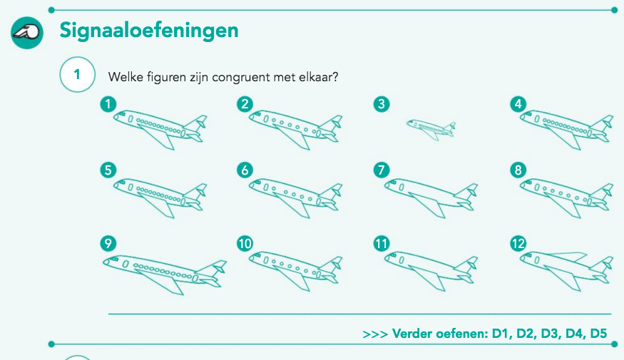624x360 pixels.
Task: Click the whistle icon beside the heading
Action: [x=27, y=33]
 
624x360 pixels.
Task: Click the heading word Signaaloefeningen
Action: [x=149, y=31]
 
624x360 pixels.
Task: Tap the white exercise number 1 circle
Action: [x=77, y=74]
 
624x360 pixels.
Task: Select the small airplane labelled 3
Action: [x=431, y=129]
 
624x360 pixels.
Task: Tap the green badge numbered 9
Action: [x=108, y=243]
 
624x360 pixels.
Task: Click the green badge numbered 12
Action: [x=518, y=243]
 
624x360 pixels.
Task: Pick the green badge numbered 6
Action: [x=245, y=170]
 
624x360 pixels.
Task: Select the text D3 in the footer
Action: [x=550, y=334]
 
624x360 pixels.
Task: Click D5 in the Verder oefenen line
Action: [x=598, y=334]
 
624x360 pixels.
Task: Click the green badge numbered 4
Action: [x=518, y=104]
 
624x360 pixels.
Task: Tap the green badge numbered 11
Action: [x=382, y=243]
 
